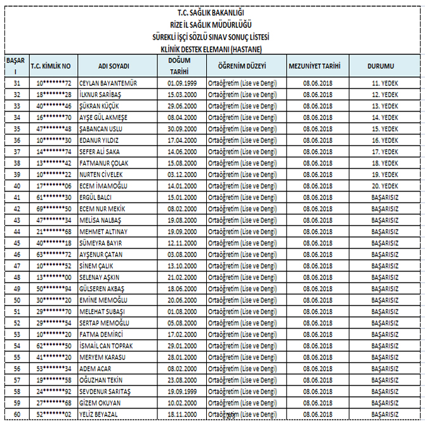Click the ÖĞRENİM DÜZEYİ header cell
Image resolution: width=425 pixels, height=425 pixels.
pos(241,66)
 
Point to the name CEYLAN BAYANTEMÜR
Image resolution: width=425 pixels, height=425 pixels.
pos(108,83)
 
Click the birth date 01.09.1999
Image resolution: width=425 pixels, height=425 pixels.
pos(182,83)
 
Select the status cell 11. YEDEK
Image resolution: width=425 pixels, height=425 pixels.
pos(384,83)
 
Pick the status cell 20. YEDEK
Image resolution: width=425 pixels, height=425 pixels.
pos(384,186)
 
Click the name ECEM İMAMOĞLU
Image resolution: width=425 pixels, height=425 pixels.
pos(103,186)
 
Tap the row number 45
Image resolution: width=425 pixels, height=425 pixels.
pos(16,243)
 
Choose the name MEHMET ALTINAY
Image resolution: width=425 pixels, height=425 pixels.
pos(103,232)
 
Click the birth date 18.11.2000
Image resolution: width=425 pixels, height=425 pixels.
pos(182,414)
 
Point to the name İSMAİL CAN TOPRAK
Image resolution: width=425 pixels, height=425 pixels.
pos(106,346)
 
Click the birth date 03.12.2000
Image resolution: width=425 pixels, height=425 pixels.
pos(182,174)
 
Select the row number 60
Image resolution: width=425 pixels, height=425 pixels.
pos(16,414)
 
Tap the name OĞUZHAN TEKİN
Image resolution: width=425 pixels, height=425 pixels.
pos(101,379)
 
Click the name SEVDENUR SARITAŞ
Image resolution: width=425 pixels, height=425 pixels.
pos(105,391)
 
